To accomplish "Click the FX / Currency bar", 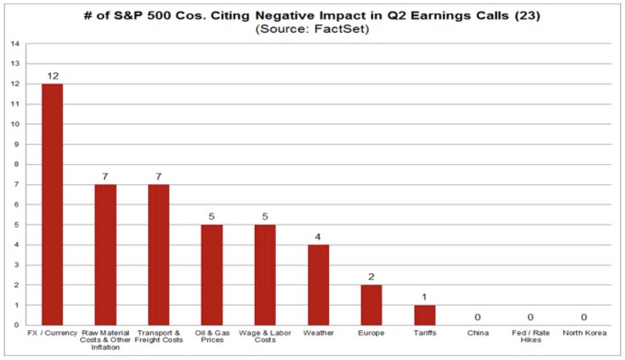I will click(x=52, y=204).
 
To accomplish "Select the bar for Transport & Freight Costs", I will click(x=159, y=255).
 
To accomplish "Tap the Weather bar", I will click(x=318, y=285).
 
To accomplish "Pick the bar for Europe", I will click(x=371, y=305).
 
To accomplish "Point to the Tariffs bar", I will click(x=425, y=315).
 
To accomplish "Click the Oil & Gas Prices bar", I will click(x=212, y=275).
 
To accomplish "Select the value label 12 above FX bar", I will click(x=53, y=76).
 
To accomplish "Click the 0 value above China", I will click(x=477, y=317).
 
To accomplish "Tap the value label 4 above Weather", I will click(x=318, y=237).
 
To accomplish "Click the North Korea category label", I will click(x=584, y=333).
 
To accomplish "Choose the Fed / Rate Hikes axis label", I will click(x=531, y=336).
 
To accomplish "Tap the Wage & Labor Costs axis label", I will click(x=265, y=336).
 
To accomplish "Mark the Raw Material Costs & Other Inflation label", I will click(x=105, y=340).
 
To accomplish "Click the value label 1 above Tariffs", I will click(x=424, y=297).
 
